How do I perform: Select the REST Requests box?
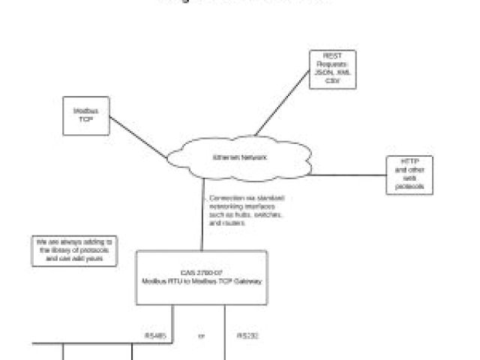pos(332,70)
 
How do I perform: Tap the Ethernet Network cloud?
pos(239,158)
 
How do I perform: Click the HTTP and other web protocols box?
pos(409,175)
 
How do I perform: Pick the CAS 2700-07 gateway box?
pos(202,277)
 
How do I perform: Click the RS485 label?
pos(154,335)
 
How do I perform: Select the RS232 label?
pos(247,335)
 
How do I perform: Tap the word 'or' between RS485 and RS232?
pos(201,335)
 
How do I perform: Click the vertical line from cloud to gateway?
pos(202,217)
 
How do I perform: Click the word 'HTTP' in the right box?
pos(409,163)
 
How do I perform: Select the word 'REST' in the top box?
pos(332,55)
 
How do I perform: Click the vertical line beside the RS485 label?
pos(173,330)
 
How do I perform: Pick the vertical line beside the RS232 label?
pos(225,330)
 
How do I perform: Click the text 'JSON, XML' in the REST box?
pos(332,73)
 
